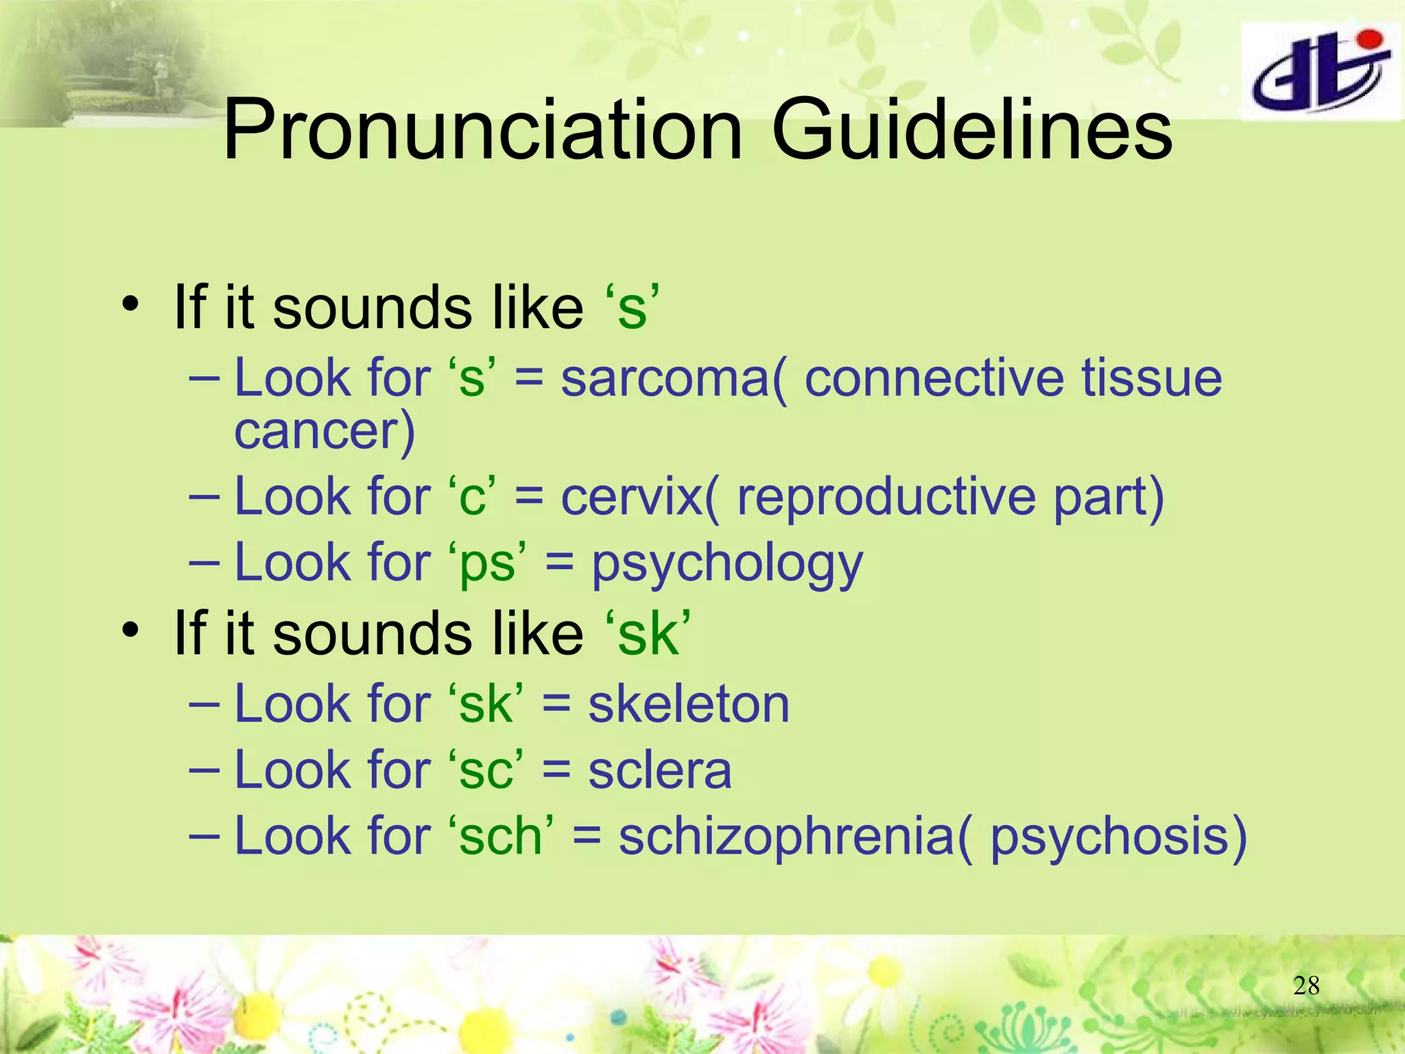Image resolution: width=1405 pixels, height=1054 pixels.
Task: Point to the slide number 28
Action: pos(1306,985)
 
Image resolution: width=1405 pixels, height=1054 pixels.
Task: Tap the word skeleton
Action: pos(689,704)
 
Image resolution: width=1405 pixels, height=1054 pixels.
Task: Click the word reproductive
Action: pos(886,497)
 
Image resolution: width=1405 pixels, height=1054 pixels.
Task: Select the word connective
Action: pos(934,379)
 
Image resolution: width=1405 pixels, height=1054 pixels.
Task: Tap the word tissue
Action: pos(1152,379)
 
